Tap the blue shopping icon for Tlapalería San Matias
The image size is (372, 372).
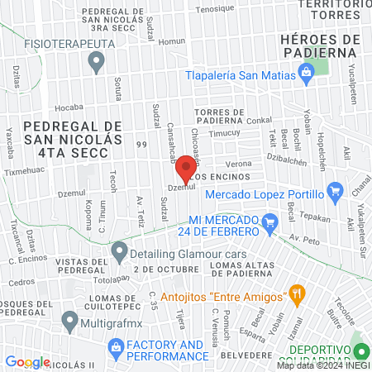pyautogui.click(x=307, y=74)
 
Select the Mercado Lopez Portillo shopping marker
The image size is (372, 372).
pyautogui.click(x=335, y=193)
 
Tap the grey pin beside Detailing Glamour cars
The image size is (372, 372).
pyautogui.click(x=119, y=250)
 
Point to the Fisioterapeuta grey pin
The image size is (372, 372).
pyautogui.click(x=98, y=60)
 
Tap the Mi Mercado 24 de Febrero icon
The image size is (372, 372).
pyautogui.click(x=269, y=222)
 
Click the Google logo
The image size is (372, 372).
pyautogui.click(x=27, y=362)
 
